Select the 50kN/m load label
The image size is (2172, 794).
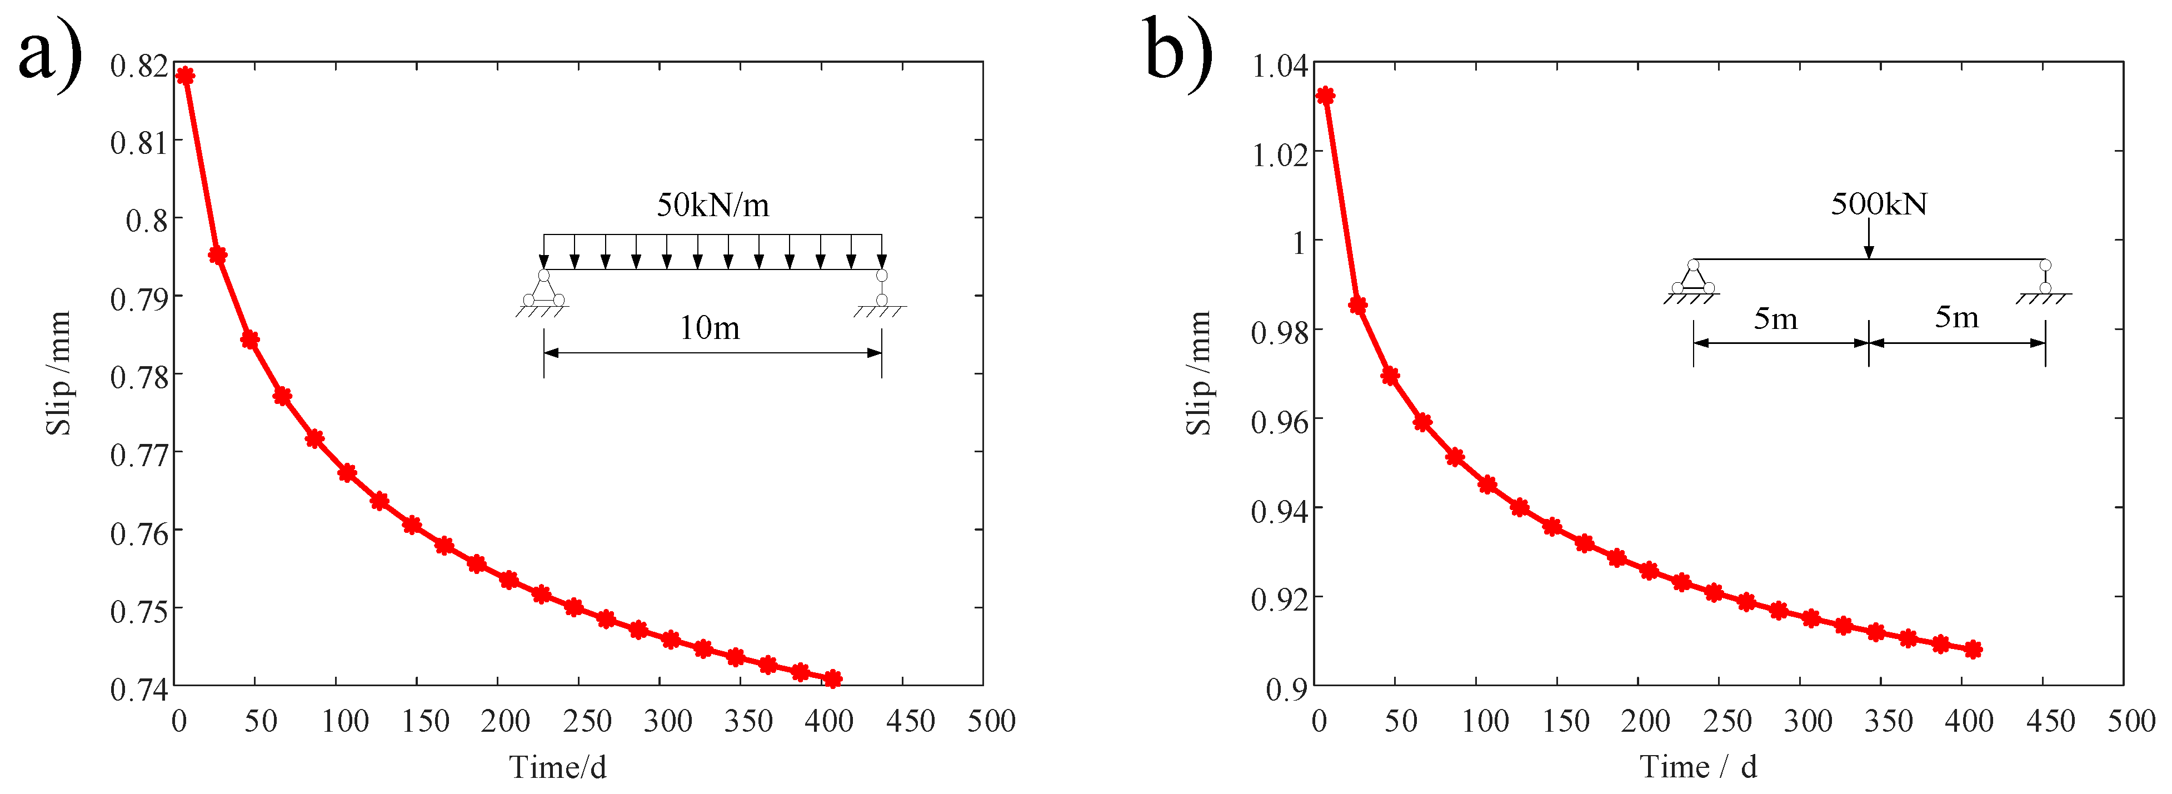pyautogui.click(x=712, y=205)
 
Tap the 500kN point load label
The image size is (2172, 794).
pyautogui.click(x=1879, y=204)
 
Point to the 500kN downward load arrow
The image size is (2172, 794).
pyautogui.click(x=1869, y=240)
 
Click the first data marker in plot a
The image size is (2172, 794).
pyautogui.click(x=184, y=76)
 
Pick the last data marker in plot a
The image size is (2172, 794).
pyautogui.click(x=832, y=678)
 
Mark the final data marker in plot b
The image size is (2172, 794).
pyautogui.click(x=1973, y=649)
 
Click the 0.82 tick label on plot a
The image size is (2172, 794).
pyautogui.click(x=138, y=66)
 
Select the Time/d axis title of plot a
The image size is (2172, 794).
pyautogui.click(x=557, y=767)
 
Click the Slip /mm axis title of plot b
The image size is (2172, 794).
pyautogui.click(x=1198, y=373)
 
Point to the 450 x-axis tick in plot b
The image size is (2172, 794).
pyautogui.click(x=2050, y=722)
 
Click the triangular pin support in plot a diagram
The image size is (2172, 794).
pyautogui.click(x=544, y=289)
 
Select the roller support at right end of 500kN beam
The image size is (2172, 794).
pyautogui.click(x=2045, y=277)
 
